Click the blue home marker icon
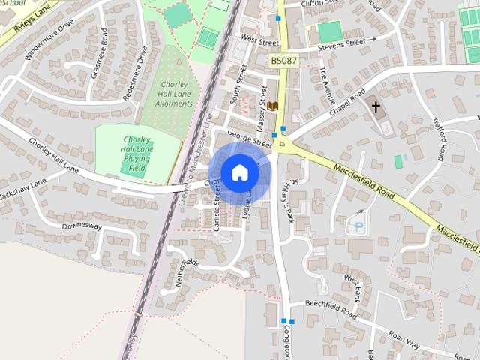pos(238,172)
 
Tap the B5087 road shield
pos(284,60)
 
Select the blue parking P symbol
pos(358,225)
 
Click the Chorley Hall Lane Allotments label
pos(175,94)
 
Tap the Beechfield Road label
pos(330,307)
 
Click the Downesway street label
pos(82,225)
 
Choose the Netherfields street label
pos(185,271)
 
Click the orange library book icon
pos(273,106)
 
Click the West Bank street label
pos(353,286)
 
